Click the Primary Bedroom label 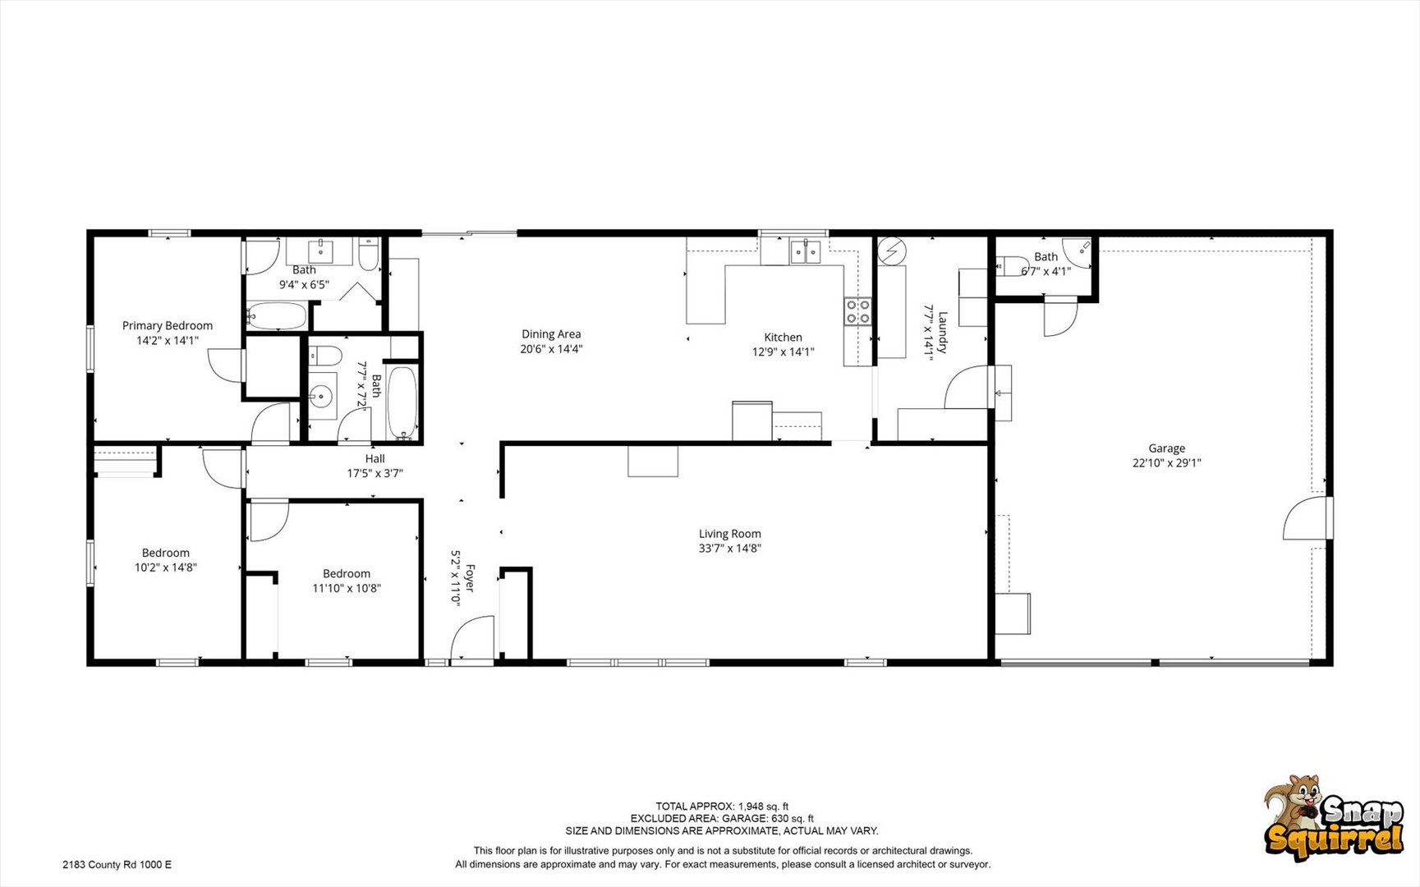pyautogui.click(x=168, y=326)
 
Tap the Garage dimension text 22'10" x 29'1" pyautogui.click(x=1166, y=463)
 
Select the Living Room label pyautogui.click(x=730, y=534)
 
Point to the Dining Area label pyautogui.click(x=551, y=334)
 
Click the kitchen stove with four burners pyautogui.click(x=857, y=311)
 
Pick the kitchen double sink pyautogui.click(x=805, y=251)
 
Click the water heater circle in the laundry pyautogui.click(x=891, y=251)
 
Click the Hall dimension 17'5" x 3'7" pyautogui.click(x=375, y=474)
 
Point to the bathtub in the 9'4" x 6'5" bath pyautogui.click(x=276, y=316)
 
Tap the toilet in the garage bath pyautogui.click(x=1012, y=265)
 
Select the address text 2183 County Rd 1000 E pyautogui.click(x=117, y=865)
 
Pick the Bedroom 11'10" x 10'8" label pyautogui.click(x=347, y=574)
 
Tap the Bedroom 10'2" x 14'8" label pyautogui.click(x=166, y=554)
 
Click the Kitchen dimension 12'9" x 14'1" pyautogui.click(x=783, y=352)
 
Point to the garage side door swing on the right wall pyautogui.click(x=1305, y=518)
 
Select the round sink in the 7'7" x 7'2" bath pyautogui.click(x=321, y=396)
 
